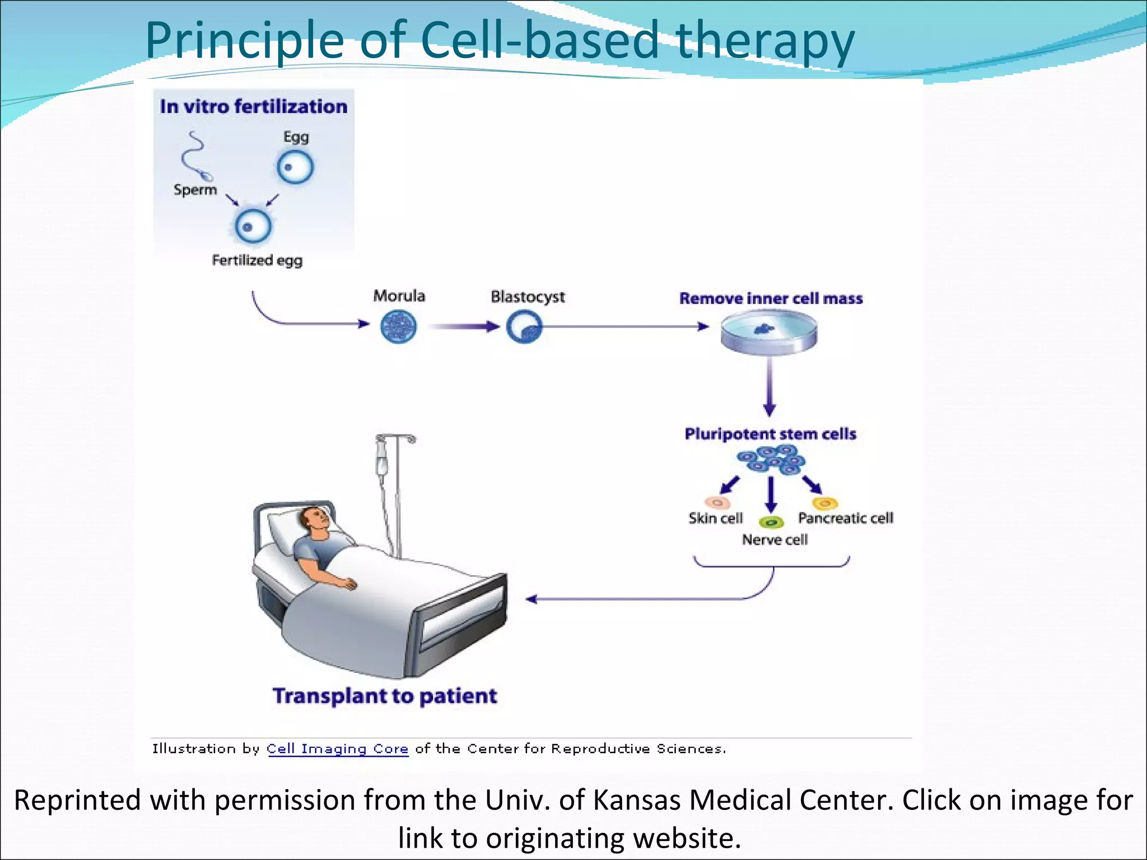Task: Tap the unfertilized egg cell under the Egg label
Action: (x=295, y=167)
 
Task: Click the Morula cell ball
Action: (x=398, y=327)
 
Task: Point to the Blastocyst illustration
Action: (x=524, y=327)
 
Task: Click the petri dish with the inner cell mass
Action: (x=768, y=334)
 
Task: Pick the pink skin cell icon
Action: (x=716, y=502)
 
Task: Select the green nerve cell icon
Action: (x=771, y=522)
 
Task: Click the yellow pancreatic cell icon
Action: (x=825, y=503)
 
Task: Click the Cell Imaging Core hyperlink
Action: (x=337, y=749)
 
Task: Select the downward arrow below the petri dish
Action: (x=770, y=386)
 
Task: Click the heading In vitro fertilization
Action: (x=253, y=106)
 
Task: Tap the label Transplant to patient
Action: (x=385, y=696)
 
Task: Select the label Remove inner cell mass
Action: (x=771, y=298)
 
